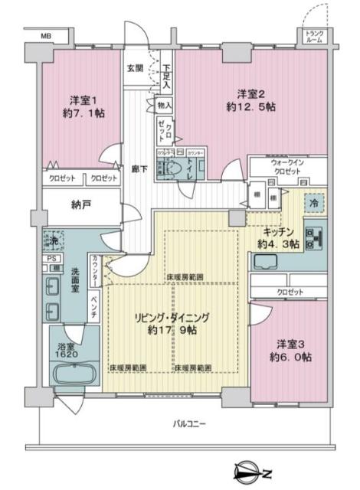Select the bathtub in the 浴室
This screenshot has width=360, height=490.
[74, 375]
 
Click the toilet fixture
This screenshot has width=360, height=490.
[175, 168]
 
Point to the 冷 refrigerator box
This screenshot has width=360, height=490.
[315, 203]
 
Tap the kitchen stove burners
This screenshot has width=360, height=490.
[311, 238]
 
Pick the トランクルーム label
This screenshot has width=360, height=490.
[315, 36]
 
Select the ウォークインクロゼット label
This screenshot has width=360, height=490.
[288, 168]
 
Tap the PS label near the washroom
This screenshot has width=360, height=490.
[51, 258]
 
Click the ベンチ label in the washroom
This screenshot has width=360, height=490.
[93, 305]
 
